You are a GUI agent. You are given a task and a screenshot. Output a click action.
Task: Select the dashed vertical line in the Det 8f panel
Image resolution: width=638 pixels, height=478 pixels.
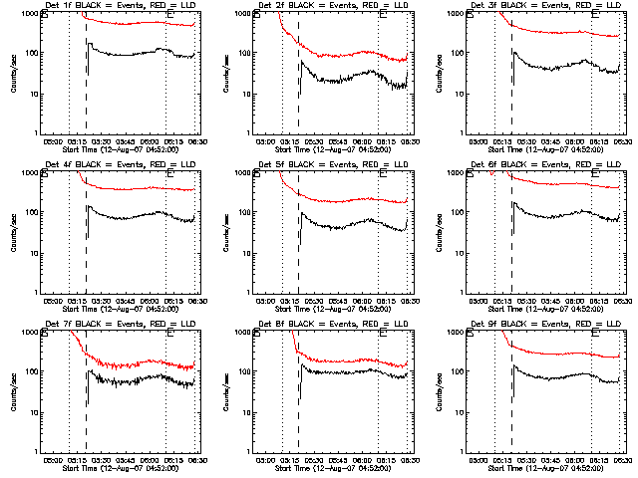298,398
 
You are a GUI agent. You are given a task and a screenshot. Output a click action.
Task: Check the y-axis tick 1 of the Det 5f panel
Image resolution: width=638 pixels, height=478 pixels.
250,292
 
